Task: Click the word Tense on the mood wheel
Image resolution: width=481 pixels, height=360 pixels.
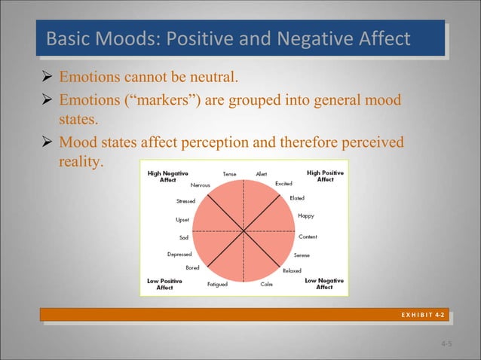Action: point(229,174)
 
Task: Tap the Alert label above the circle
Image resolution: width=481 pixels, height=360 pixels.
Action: point(262,174)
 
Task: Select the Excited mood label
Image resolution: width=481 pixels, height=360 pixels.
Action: point(283,183)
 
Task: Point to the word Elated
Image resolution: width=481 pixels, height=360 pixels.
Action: point(297,197)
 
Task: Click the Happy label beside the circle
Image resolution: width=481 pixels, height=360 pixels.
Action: point(306,215)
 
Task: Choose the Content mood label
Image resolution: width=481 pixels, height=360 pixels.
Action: point(308,236)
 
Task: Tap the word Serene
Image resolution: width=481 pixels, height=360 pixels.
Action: point(302,255)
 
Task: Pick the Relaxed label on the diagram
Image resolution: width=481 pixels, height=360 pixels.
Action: point(291,270)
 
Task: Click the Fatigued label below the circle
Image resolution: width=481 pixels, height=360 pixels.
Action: point(217,285)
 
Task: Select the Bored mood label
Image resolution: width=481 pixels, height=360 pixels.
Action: point(193,267)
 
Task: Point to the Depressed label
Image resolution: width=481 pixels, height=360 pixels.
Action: point(179,254)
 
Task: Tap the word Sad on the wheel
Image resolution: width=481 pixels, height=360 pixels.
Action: point(183,237)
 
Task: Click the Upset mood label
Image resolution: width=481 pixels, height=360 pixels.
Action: point(182,220)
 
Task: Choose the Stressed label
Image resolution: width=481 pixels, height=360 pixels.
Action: point(185,201)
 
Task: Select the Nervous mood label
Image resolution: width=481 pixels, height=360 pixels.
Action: point(200,185)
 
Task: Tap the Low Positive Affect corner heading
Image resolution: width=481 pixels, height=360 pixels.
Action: point(164,284)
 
